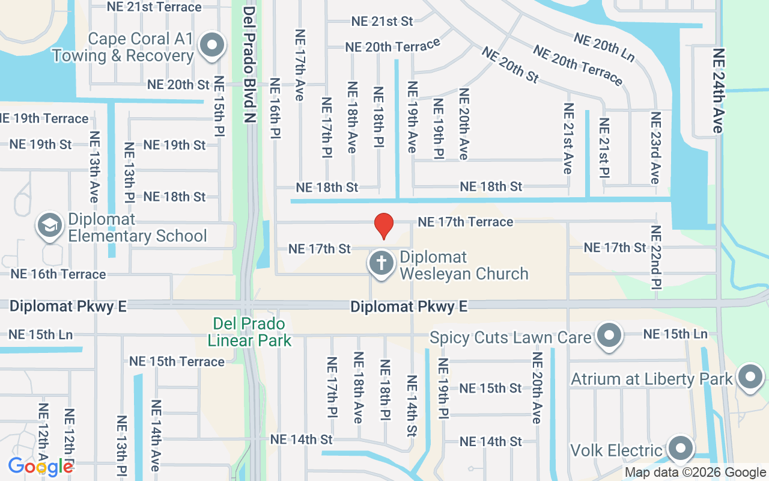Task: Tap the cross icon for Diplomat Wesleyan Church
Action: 381,263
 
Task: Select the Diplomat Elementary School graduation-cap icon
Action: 49,225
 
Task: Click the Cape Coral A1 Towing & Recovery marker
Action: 211,46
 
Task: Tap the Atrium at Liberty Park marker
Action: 749,377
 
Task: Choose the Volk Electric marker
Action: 681,448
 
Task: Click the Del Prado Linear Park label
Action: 249,332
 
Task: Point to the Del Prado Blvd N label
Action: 250,65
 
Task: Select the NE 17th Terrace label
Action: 466,222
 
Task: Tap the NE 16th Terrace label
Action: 58,274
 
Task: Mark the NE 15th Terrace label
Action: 177,361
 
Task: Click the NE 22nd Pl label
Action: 655,257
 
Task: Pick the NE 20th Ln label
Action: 604,47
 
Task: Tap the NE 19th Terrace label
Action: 44,118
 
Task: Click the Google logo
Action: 40,467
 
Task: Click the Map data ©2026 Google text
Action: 695,473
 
